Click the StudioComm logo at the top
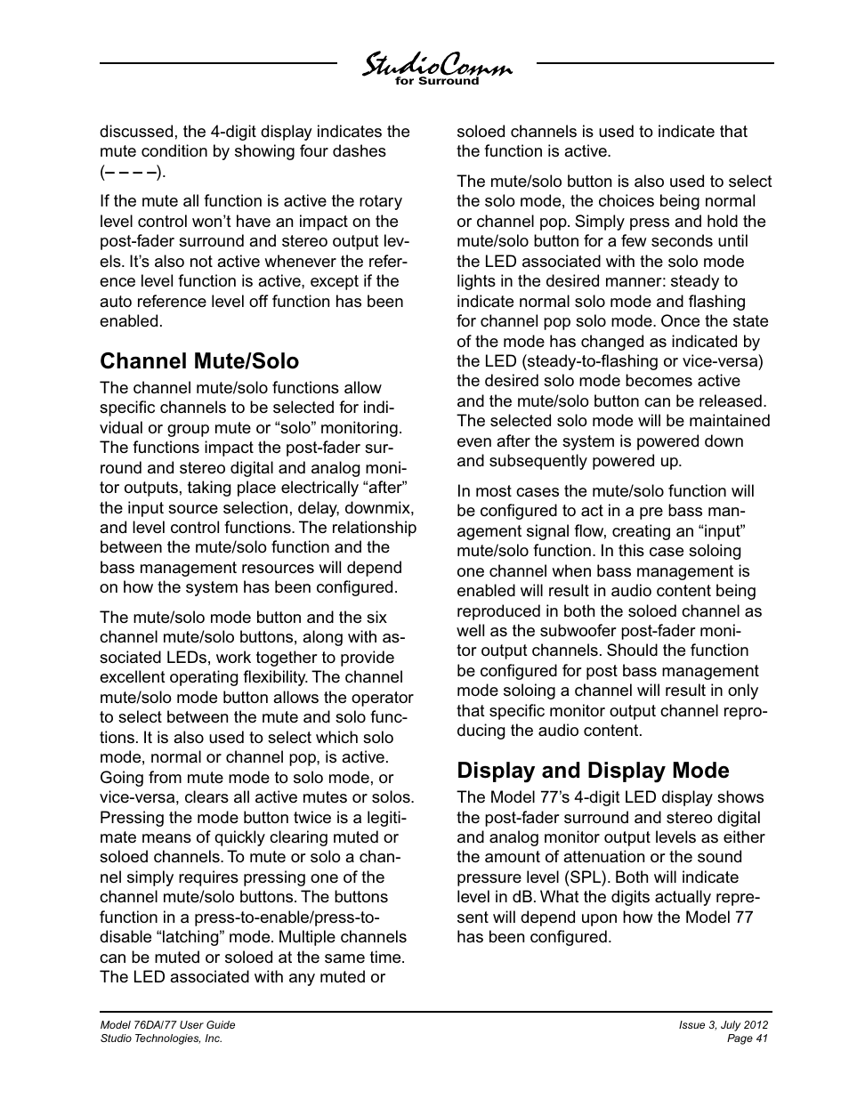coord(436,65)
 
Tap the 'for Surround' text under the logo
coord(437,82)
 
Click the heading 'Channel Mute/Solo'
coord(199,360)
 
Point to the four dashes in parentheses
coord(133,171)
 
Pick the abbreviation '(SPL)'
coord(619,877)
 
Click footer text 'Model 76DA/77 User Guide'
coord(167,1024)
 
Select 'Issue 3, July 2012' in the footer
coord(723,1024)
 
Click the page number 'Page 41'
coord(748,1038)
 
